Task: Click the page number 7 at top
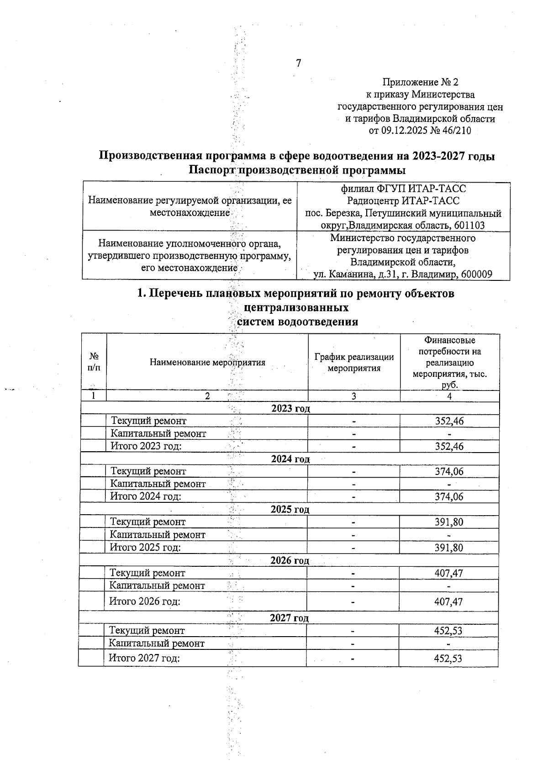299,63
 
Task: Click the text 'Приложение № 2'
420,83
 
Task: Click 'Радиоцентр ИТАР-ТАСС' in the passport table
403,201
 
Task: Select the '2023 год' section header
290,408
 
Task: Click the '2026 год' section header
290,560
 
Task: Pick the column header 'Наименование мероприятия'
207,363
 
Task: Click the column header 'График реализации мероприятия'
354,363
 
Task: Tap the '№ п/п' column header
94,361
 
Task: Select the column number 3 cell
354,396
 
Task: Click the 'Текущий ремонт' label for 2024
148,471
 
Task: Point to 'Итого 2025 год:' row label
145,548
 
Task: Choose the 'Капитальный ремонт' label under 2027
157,643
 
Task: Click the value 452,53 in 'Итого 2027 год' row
448,659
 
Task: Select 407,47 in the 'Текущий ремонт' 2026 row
448,573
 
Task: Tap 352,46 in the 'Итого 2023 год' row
449,446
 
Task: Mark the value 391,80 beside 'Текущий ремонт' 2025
449,522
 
